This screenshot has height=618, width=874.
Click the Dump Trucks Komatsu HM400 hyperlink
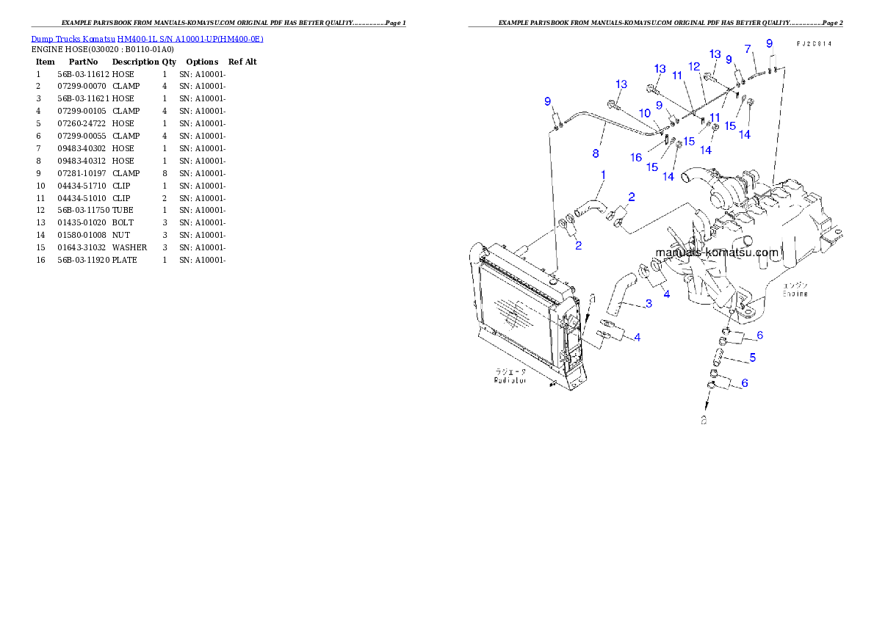tap(147, 39)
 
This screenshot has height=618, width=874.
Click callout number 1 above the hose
tap(603, 175)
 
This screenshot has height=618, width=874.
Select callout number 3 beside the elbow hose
tap(648, 304)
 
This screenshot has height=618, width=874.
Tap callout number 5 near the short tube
tap(752, 358)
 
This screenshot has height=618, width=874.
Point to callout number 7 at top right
tap(748, 49)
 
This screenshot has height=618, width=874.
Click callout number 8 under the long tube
tap(596, 154)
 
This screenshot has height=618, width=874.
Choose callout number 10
tap(644, 113)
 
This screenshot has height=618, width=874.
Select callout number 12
tap(694, 66)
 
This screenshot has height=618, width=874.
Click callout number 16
tap(636, 157)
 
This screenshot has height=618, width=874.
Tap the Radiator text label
tap(510, 381)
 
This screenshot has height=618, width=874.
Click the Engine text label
tap(795, 294)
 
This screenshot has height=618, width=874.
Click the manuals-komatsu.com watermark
tap(716, 252)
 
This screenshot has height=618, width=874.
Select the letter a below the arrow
tap(704, 421)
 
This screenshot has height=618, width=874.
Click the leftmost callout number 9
tap(547, 101)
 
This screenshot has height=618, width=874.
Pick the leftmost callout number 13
tap(621, 84)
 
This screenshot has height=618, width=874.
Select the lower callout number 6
tap(745, 383)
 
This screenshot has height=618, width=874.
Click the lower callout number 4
tap(638, 338)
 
